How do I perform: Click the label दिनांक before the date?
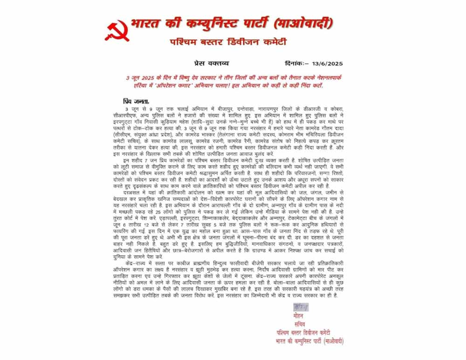pyautogui.click(x=293, y=63)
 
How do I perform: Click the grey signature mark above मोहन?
pyautogui.click(x=301, y=307)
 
